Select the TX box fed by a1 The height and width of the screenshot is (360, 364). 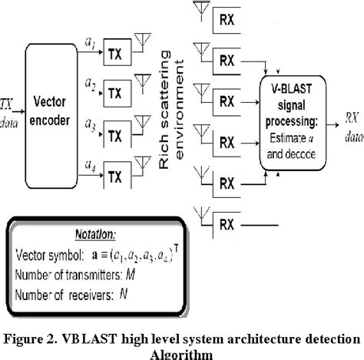pos(114,53)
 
